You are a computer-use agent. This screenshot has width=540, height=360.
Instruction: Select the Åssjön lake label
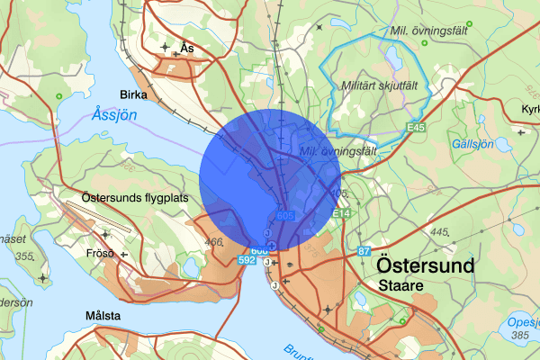(115, 115)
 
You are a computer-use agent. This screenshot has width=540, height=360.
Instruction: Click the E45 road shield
(415, 129)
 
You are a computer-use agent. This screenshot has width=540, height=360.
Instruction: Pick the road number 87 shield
(364, 249)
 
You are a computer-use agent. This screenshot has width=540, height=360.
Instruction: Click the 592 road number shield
(247, 259)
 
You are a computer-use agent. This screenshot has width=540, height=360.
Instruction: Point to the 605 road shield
(285, 216)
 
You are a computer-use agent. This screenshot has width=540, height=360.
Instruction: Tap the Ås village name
(186, 47)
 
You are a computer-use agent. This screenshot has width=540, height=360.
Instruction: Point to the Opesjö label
(521, 322)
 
